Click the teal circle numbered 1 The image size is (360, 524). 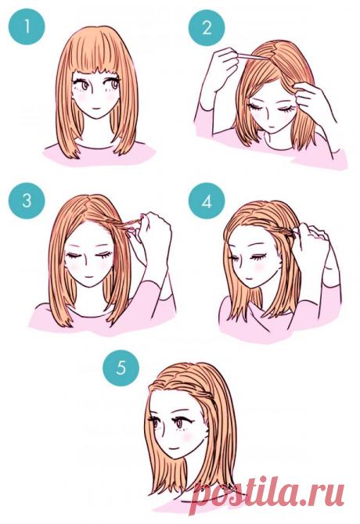coord(27,27)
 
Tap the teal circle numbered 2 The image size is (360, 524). coord(207,27)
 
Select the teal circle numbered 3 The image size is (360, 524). coord(27,201)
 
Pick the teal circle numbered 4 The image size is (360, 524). coord(207,201)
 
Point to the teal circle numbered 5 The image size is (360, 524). coord(121,368)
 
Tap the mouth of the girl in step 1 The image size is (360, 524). coord(95,109)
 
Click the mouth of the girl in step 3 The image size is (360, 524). coord(88,277)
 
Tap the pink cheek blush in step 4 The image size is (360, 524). coord(258,268)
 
